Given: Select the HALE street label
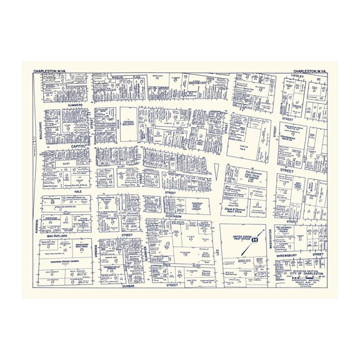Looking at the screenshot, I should coord(77,192).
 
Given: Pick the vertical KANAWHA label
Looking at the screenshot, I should coord(36,224).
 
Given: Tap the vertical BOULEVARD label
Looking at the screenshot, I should coord(37,129).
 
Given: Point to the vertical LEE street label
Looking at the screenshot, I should coord(218,250).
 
